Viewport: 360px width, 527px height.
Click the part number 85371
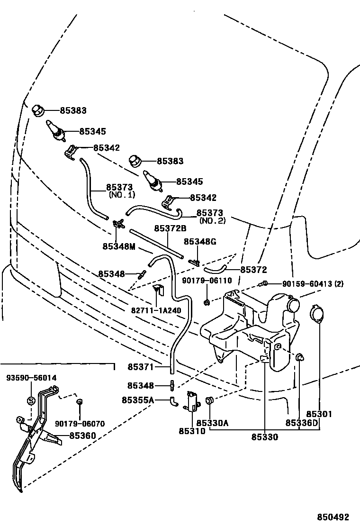140,366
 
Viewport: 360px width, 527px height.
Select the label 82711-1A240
156,310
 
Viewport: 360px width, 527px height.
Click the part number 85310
192,431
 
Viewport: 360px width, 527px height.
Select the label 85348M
119,246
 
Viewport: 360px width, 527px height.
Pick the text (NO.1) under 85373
122,195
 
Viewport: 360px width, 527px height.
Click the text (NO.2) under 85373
212,220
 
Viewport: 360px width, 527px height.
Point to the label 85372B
170,228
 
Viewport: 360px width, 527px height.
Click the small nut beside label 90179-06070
80,402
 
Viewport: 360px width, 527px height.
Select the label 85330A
213,423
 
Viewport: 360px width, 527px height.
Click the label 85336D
302,423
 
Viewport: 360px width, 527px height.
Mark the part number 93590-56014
31,378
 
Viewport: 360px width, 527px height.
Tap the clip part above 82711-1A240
157,290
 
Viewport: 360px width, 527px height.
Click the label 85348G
200,242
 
